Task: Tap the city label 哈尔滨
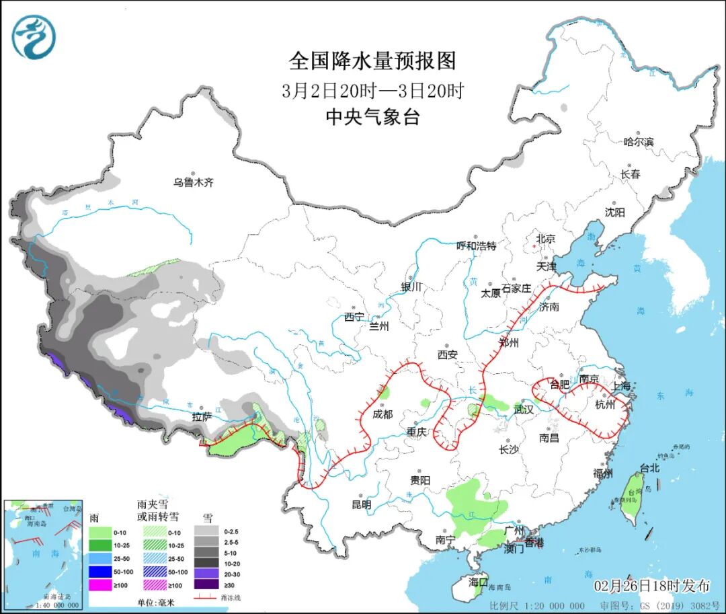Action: tap(639, 142)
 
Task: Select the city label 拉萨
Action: tap(202, 417)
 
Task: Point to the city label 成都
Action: tap(382, 414)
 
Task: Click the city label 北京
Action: tap(545, 239)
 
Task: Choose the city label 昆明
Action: tap(361, 504)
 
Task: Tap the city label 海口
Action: tap(477, 582)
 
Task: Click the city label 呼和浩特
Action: tap(476, 246)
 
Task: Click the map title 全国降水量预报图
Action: tap(372, 61)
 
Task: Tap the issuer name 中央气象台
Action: tap(372, 118)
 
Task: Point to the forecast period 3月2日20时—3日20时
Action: tap(372, 90)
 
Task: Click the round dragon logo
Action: tap(34, 36)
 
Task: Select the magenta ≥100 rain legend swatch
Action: tap(100, 585)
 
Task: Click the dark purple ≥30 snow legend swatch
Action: tap(205, 585)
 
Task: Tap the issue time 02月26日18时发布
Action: tap(651, 586)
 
